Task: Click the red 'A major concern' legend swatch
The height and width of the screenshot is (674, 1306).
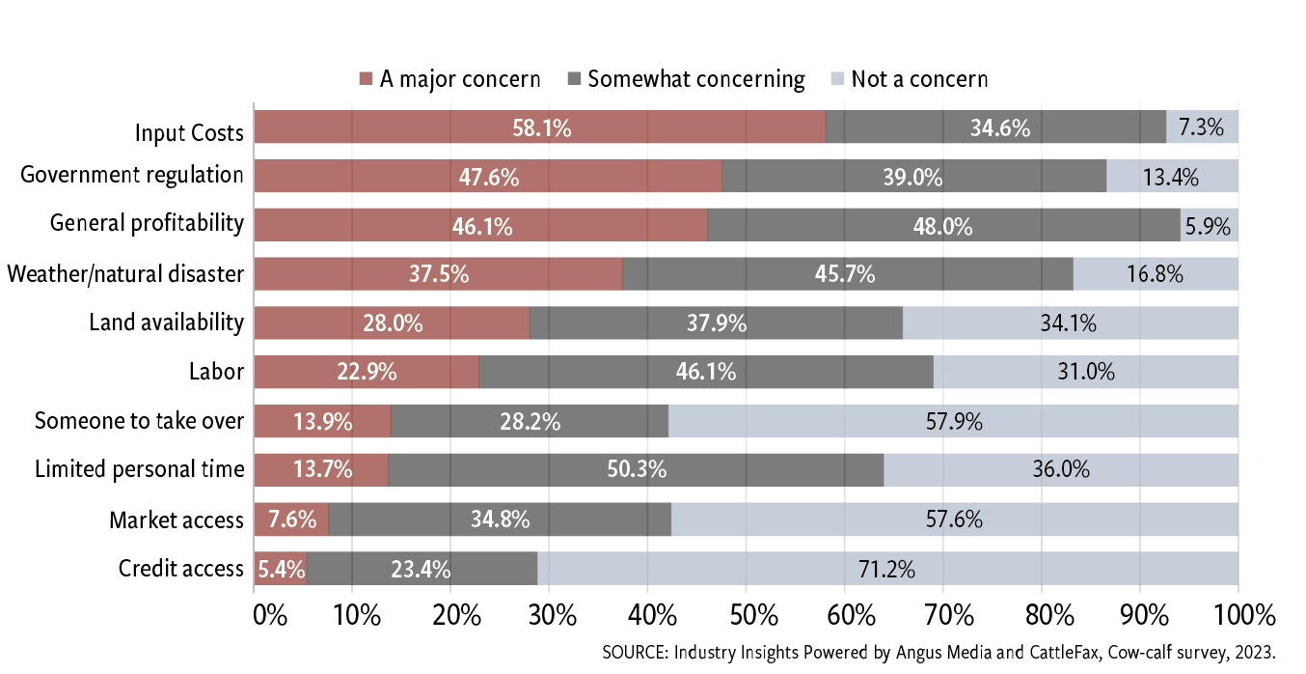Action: tap(365, 79)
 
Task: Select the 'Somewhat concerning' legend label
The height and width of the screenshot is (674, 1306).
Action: tap(695, 79)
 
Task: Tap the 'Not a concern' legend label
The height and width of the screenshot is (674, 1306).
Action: tap(919, 79)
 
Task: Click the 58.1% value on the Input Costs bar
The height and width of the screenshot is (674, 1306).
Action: tap(541, 127)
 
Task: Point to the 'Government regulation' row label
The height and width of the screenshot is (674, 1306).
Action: tap(132, 175)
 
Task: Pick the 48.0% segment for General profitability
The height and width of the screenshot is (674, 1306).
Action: tap(943, 226)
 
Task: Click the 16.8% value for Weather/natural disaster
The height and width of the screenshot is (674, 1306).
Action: tap(1155, 274)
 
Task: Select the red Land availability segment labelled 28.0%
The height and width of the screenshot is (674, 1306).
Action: tap(393, 323)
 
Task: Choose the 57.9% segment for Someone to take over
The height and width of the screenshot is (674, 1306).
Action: tap(953, 421)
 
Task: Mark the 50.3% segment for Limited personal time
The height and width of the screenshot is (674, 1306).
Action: tap(637, 470)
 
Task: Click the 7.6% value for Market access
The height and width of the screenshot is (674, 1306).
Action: tap(292, 520)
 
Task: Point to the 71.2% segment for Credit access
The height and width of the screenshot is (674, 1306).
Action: tap(887, 569)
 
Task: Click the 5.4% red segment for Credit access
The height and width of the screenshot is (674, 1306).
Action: tap(281, 569)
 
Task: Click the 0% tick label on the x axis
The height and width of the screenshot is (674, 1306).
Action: tap(270, 615)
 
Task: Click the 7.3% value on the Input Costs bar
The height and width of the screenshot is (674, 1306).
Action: tap(1202, 127)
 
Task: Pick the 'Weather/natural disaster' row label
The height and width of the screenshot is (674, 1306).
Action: tap(125, 274)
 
